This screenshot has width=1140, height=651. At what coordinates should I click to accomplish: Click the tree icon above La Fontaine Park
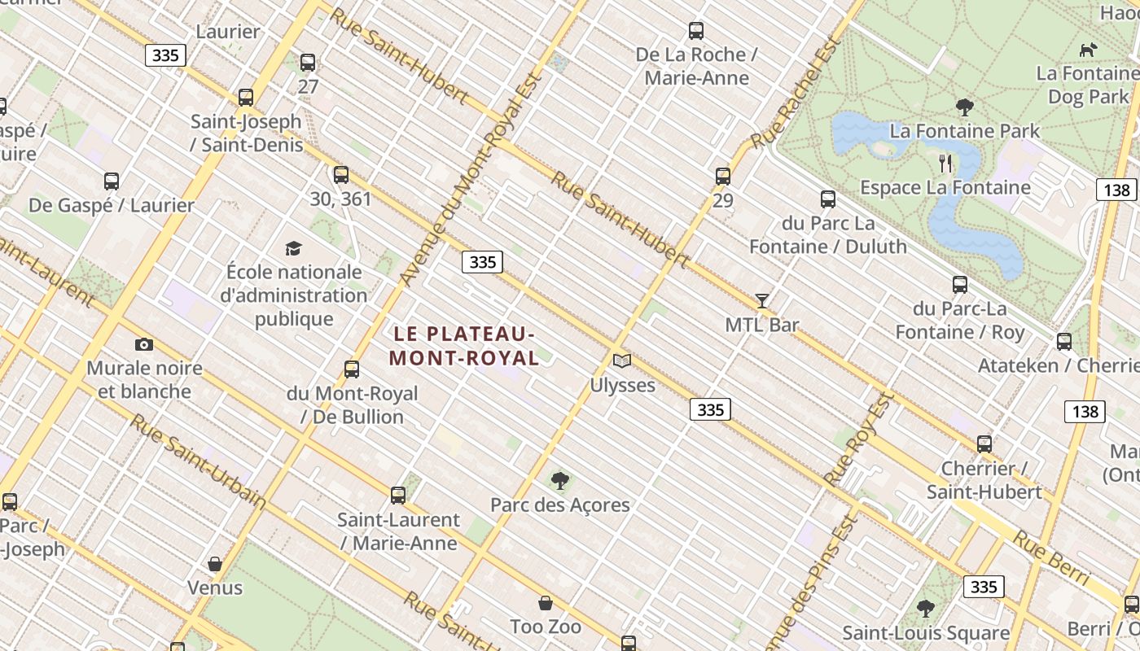[x=965, y=107]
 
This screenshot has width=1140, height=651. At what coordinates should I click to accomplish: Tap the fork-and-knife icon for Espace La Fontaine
[x=945, y=164]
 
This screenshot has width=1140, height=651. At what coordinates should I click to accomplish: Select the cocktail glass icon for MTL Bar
[x=762, y=301]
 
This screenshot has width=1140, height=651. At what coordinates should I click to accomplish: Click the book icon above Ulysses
[x=622, y=360]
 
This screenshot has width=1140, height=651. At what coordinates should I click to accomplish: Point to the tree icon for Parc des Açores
[x=560, y=481]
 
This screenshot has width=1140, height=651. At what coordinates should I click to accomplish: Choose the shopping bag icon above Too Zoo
[x=546, y=603]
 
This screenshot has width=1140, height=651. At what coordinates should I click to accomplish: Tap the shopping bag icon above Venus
[x=215, y=564]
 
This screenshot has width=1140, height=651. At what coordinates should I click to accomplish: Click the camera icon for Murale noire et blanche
[x=144, y=344]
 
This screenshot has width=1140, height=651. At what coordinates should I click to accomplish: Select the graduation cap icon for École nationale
[x=293, y=248]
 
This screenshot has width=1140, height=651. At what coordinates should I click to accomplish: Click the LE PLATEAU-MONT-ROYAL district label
[x=464, y=346]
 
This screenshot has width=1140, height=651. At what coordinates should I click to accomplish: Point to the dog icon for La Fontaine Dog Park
[x=1088, y=50]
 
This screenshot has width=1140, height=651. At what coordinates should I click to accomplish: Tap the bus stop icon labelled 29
[x=723, y=177]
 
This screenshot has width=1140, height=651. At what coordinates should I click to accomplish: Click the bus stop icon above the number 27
[x=308, y=63]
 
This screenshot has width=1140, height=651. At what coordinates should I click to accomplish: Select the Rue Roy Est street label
[x=860, y=439]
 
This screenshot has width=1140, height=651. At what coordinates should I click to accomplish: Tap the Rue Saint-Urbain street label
[x=198, y=461]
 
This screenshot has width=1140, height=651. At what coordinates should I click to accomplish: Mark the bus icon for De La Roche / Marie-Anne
[x=696, y=31]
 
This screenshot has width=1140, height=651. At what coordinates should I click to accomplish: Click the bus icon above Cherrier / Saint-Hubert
[x=984, y=444]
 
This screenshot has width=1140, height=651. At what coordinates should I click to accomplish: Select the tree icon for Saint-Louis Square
[x=926, y=608]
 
